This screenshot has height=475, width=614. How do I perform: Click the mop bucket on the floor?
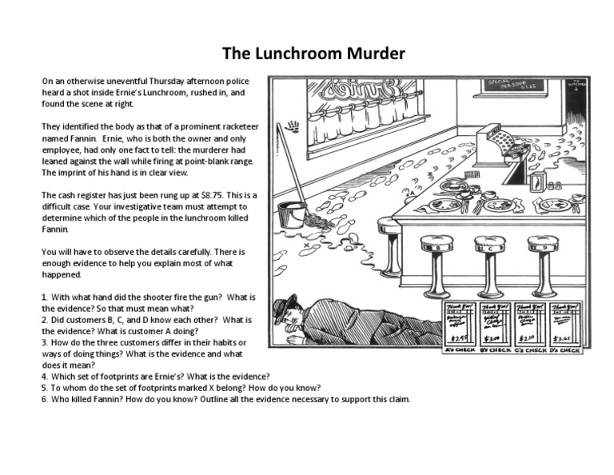(291, 214)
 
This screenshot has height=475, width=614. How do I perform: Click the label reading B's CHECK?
(494, 350)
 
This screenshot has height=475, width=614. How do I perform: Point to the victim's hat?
(285, 306)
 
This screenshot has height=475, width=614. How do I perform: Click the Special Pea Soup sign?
(512, 86)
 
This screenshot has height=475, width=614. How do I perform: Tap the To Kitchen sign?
(577, 85)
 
